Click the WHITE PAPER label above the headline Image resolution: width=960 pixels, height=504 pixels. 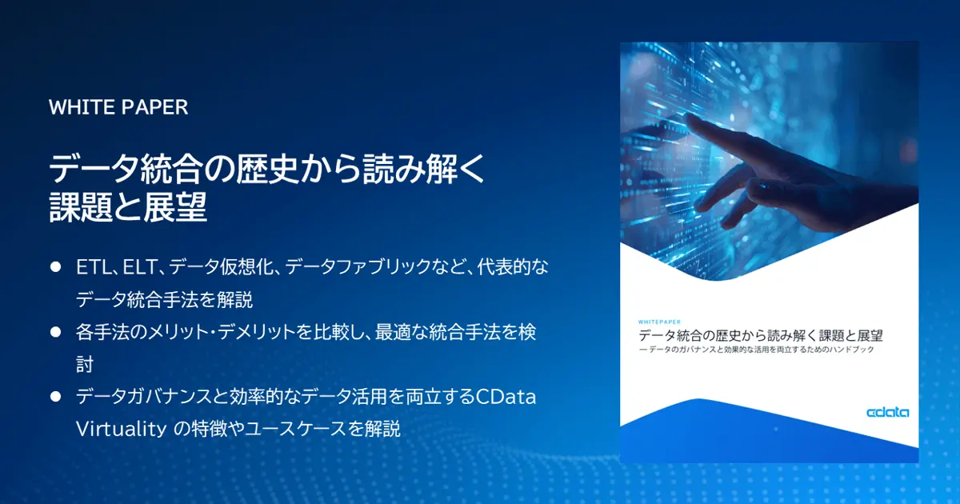tap(118, 107)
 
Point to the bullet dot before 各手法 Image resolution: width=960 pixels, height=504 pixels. tap(56, 331)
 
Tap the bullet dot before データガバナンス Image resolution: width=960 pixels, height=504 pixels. tap(56, 396)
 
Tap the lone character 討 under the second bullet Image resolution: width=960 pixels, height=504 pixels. tap(85, 364)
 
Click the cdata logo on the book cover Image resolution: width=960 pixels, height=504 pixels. tap(887, 413)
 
